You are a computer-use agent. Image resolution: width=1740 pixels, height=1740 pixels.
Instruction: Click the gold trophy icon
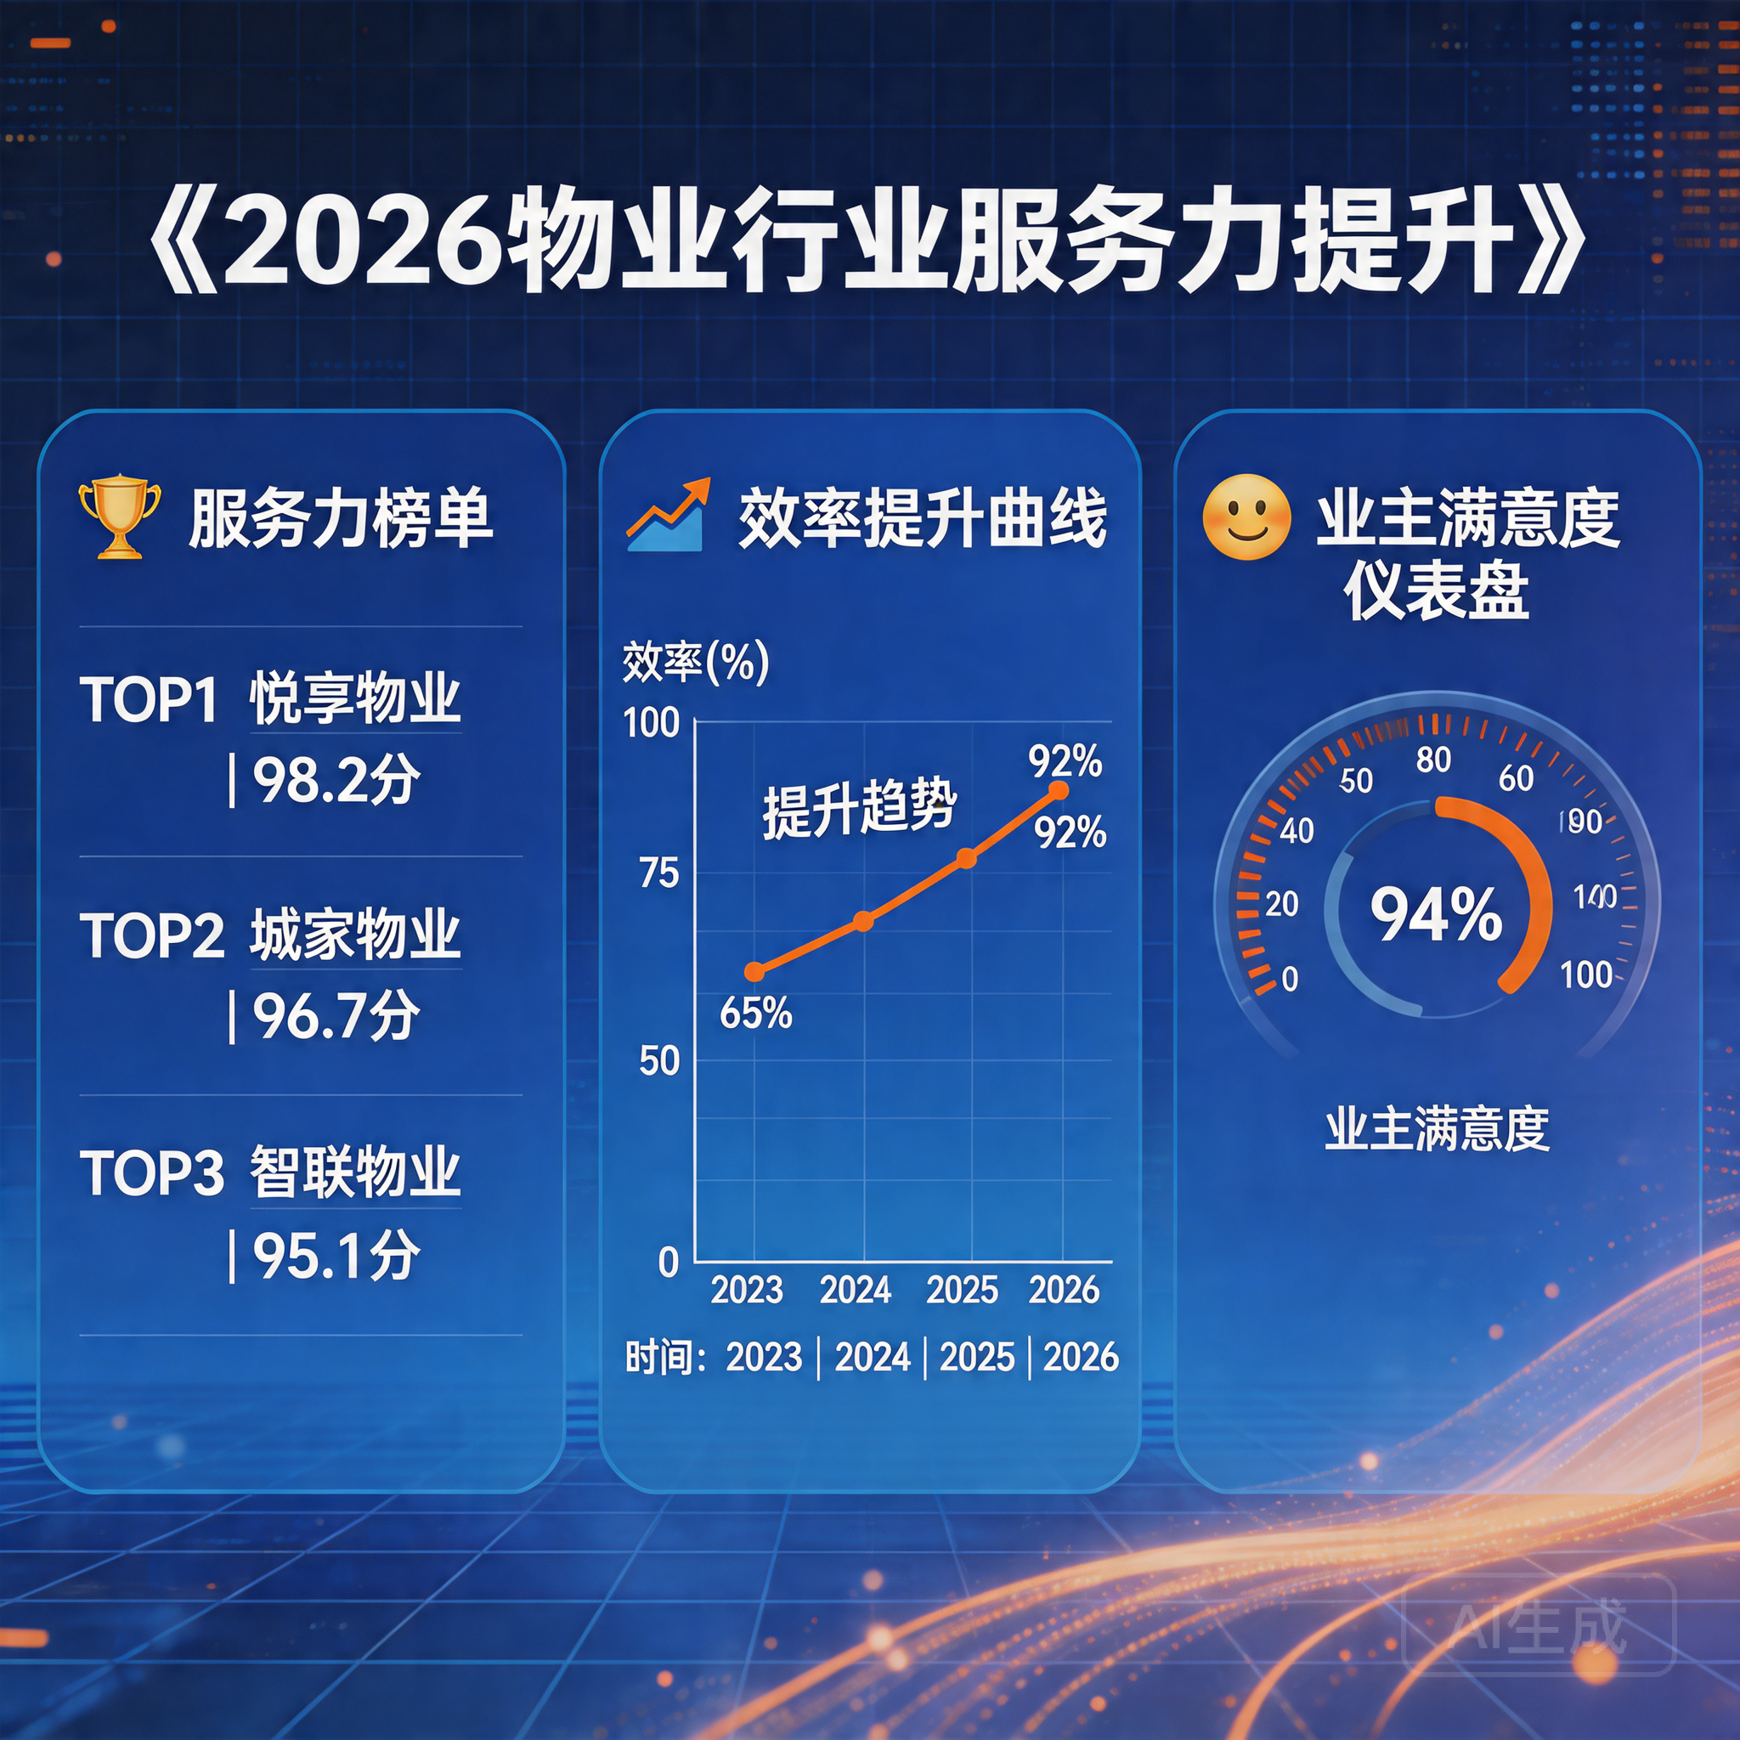pyautogui.click(x=119, y=517)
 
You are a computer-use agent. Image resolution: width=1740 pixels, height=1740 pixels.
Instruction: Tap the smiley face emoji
pyautogui.click(x=1246, y=517)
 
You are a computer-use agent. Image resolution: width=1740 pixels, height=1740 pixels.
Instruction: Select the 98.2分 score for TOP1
pyautogui.click(x=335, y=780)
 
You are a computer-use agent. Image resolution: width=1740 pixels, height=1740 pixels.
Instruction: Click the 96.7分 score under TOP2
pyautogui.click(x=335, y=1016)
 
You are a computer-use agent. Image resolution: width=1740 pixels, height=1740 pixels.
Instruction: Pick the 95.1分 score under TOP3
pyautogui.click(x=335, y=1256)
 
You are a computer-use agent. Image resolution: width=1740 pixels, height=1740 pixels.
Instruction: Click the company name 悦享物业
pyautogui.click(x=355, y=699)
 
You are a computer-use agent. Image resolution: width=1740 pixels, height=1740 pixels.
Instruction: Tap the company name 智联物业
pyautogui.click(x=355, y=1172)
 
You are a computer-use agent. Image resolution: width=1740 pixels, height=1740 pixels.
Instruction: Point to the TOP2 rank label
pyautogui.click(x=151, y=935)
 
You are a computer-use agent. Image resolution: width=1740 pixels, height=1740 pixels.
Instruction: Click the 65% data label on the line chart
pyautogui.click(x=754, y=1014)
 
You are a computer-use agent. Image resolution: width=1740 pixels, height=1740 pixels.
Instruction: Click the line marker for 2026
pyautogui.click(x=1059, y=791)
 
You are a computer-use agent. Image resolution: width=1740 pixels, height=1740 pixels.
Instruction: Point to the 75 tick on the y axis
pyautogui.click(x=658, y=873)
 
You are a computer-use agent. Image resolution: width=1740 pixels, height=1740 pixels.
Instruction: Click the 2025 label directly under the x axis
pyautogui.click(x=961, y=1290)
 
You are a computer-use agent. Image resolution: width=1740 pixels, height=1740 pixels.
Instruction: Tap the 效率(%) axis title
pyautogui.click(x=695, y=662)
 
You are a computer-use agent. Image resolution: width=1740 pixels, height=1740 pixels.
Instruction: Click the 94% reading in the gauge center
pyautogui.click(x=1436, y=914)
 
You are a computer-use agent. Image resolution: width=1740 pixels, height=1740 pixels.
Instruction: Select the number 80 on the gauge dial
pyautogui.click(x=1433, y=760)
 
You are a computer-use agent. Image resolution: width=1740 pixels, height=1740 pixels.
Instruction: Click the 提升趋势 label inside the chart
pyautogui.click(x=858, y=808)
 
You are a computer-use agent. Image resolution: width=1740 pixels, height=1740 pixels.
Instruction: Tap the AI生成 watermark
pyautogui.click(x=1539, y=1626)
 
